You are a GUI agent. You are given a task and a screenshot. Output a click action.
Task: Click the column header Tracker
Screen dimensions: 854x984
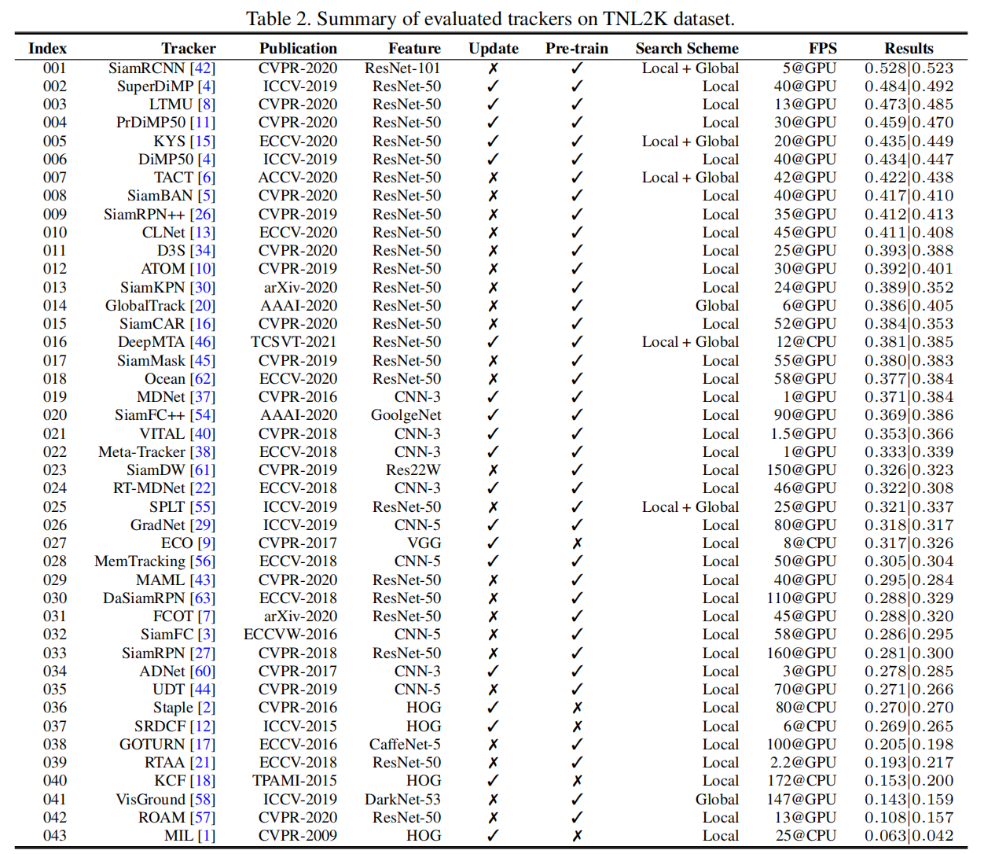coord(188,49)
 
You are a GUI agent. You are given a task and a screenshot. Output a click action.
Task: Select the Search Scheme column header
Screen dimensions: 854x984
coord(687,49)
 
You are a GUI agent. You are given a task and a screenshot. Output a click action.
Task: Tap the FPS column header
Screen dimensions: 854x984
coord(822,49)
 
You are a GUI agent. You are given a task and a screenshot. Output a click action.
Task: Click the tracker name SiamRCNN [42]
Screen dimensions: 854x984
coord(161,68)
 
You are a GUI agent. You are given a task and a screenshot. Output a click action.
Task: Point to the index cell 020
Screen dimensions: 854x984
coord(54,415)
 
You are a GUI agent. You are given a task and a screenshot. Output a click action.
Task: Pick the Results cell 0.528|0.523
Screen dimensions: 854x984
coord(909,68)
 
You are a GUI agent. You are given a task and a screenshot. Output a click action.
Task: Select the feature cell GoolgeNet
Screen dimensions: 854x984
coord(406,415)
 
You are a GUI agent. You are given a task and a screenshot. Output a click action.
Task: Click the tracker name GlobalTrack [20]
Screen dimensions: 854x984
coord(160,306)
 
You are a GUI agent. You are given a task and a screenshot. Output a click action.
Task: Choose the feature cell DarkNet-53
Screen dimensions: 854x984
coord(402,800)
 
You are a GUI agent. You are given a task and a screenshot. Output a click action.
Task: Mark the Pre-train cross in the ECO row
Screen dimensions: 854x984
coord(577,543)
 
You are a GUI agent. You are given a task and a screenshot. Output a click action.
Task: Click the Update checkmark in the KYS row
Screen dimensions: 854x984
coord(493,142)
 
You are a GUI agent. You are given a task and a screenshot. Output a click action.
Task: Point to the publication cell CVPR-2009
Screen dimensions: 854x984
coord(297,836)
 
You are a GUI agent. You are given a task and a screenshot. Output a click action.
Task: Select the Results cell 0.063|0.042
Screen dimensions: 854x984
coord(909,836)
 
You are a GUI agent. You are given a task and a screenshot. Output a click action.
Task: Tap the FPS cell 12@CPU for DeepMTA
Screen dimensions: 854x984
coord(805,342)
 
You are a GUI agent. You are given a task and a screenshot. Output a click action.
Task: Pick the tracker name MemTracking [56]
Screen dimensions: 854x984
coord(154,561)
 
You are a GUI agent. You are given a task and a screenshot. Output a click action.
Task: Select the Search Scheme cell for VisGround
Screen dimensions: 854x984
coord(717,800)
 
